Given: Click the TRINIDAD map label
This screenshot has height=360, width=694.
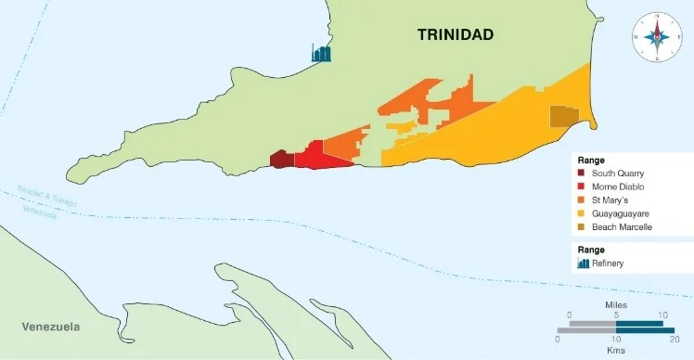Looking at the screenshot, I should pos(456,35).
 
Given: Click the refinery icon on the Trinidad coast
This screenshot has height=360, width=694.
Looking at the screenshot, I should pos(321,53).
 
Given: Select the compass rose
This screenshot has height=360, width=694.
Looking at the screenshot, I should pos(657,36).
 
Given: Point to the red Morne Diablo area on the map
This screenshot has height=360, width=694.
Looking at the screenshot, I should pos(320,157).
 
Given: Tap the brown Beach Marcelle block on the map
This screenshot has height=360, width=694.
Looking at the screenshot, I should pos(563,116).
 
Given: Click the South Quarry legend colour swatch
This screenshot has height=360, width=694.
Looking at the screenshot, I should pos(582,174).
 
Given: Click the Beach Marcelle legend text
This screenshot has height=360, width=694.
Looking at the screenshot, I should pos(622,226).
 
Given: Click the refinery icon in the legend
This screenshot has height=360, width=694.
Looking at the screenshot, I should pos(583,264).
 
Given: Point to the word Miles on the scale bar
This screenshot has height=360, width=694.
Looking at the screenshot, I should pos(615,304).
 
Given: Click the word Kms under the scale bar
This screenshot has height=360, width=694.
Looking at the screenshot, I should pos(615,350).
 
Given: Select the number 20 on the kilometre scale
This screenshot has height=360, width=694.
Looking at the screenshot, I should pos(674,340).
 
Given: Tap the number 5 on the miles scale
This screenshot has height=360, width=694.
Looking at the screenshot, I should pos(615,315).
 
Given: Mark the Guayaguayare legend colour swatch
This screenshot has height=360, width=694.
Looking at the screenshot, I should pos(582,213).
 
